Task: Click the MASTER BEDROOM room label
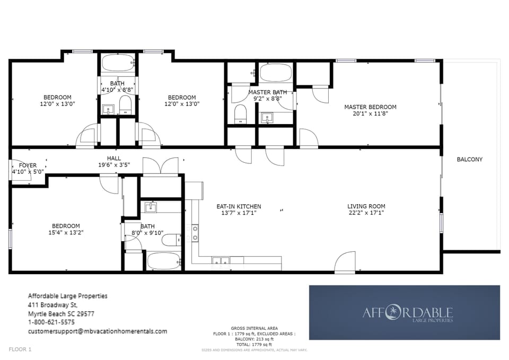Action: click(370, 107)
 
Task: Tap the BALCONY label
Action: click(470, 160)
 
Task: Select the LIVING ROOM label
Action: click(366, 206)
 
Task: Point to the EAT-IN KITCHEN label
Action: click(239, 206)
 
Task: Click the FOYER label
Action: click(28, 165)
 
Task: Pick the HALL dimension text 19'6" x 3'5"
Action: click(114, 165)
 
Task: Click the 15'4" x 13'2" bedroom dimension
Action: click(66, 232)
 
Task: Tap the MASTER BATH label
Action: click(268, 92)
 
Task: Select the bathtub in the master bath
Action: click(275, 73)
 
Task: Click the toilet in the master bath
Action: click(241, 113)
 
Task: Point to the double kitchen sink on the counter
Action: click(221, 260)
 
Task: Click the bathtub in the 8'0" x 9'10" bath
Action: click(164, 261)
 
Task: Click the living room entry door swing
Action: click(345, 263)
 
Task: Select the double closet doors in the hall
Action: click(160, 166)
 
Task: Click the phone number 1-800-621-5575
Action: click(51, 322)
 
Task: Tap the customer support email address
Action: click(97, 331)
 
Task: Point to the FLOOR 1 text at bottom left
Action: click(20, 349)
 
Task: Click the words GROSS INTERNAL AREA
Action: click(254, 329)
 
